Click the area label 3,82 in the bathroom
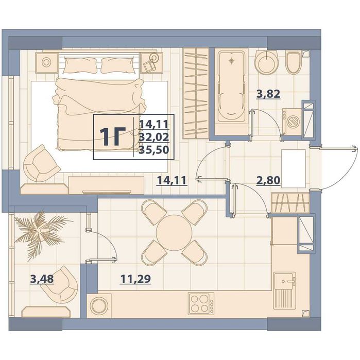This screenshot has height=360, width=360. (x=268, y=94)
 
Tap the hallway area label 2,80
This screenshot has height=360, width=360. (x=268, y=180)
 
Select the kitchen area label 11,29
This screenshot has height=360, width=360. (x=135, y=279)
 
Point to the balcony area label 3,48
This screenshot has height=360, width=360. (x=42, y=279)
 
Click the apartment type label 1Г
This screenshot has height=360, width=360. (x=113, y=137)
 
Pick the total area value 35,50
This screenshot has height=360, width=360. (x=154, y=150)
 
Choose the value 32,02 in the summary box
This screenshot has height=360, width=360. (x=154, y=137)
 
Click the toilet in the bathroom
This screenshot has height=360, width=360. (x=294, y=62)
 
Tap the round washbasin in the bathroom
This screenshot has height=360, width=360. (x=266, y=62)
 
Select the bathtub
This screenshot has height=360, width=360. (x=231, y=87)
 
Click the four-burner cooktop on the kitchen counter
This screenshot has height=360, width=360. (x=201, y=303)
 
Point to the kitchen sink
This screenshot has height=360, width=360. (x=285, y=290)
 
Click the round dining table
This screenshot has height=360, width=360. (x=174, y=233)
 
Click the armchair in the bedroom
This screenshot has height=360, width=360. (x=41, y=163)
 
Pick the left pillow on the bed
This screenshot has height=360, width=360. (x=80, y=65)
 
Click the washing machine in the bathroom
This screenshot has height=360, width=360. (x=292, y=122)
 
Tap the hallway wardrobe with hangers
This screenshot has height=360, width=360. (x=290, y=203)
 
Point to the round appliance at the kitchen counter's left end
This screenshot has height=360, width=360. (x=99, y=305)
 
